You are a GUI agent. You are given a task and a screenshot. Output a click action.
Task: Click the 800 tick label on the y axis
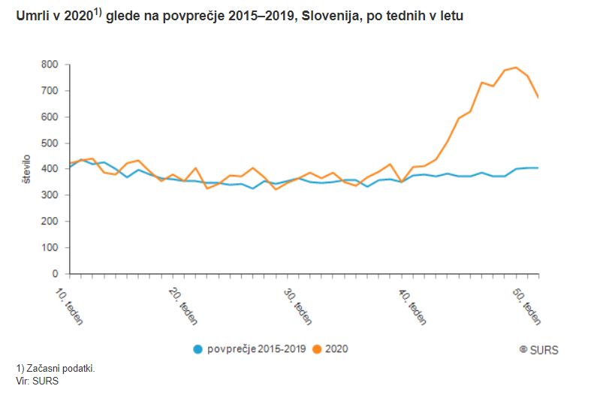point(50,65)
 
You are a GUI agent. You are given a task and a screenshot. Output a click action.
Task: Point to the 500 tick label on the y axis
point(50,143)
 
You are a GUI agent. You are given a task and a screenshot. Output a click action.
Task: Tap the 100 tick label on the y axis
point(50,248)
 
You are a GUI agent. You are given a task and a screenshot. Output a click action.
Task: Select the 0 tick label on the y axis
point(55,274)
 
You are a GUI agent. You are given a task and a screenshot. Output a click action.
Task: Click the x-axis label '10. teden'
point(70,302)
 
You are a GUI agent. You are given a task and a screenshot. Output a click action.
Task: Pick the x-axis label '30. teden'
point(299,302)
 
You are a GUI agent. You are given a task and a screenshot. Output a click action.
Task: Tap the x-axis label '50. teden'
point(528,302)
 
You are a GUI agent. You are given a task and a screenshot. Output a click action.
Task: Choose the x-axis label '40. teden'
point(414,302)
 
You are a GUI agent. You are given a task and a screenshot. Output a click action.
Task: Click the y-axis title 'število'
point(27,170)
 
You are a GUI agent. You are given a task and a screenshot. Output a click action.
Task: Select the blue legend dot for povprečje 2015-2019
point(198,348)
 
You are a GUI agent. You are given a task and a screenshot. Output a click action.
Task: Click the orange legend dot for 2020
point(318,348)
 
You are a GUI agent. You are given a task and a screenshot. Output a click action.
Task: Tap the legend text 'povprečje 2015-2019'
point(256,348)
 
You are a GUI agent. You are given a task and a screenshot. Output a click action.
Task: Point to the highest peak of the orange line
point(516,68)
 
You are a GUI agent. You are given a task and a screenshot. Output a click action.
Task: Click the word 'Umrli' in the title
point(30,17)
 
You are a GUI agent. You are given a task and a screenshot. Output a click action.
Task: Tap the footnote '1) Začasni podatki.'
point(56,368)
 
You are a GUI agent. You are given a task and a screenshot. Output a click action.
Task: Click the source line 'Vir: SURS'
point(37,380)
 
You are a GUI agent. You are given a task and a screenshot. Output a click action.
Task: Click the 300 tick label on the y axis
point(50,195)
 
